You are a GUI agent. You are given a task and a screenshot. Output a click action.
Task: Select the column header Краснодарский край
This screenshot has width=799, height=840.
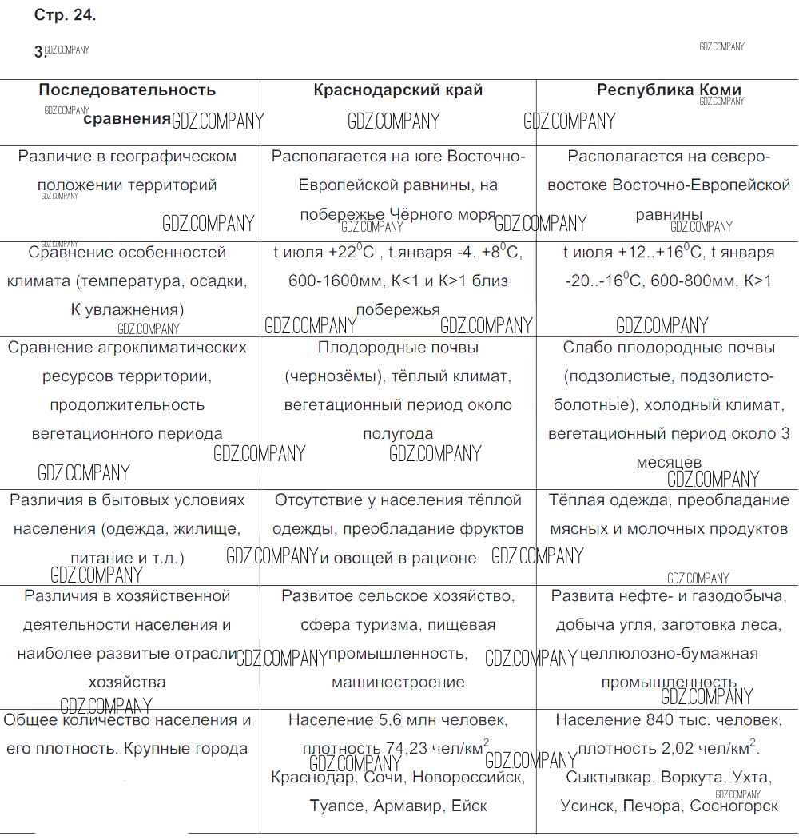[x=398, y=90]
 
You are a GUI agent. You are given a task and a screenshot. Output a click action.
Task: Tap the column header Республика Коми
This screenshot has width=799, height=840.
[x=669, y=90]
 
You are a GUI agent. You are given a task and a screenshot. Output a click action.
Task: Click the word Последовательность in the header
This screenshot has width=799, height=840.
[x=127, y=90]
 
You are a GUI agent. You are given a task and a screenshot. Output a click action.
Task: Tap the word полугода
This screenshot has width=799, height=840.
[x=398, y=434]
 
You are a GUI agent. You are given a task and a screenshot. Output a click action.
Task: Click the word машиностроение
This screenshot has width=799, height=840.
[x=398, y=683]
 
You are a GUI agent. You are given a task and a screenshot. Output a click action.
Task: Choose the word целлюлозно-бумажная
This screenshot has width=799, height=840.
[x=669, y=654]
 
